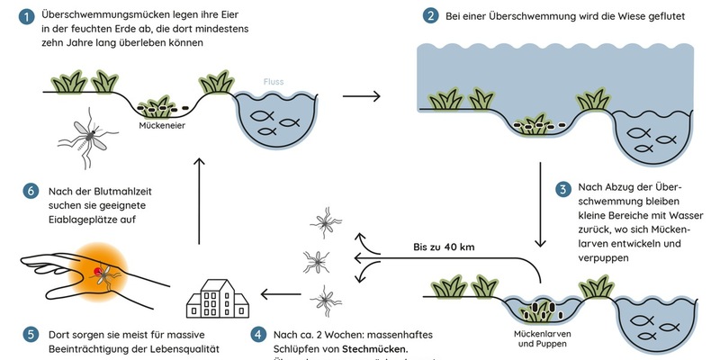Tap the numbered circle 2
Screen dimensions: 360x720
coord(432,16)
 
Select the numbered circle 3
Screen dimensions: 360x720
coord(562,190)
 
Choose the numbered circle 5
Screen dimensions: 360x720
coord(30,334)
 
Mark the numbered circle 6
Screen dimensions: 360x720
coord(30,191)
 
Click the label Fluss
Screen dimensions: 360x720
coord(274,82)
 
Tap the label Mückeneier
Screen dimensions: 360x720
coord(163,126)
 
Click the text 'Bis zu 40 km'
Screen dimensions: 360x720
coord(442,247)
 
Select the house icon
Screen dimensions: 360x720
coord(215,294)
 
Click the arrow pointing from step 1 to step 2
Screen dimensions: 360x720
coord(361,95)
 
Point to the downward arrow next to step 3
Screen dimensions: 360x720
coord(542,204)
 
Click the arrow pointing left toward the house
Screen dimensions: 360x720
coord(278,291)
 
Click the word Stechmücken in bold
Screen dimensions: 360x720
coord(376,349)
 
